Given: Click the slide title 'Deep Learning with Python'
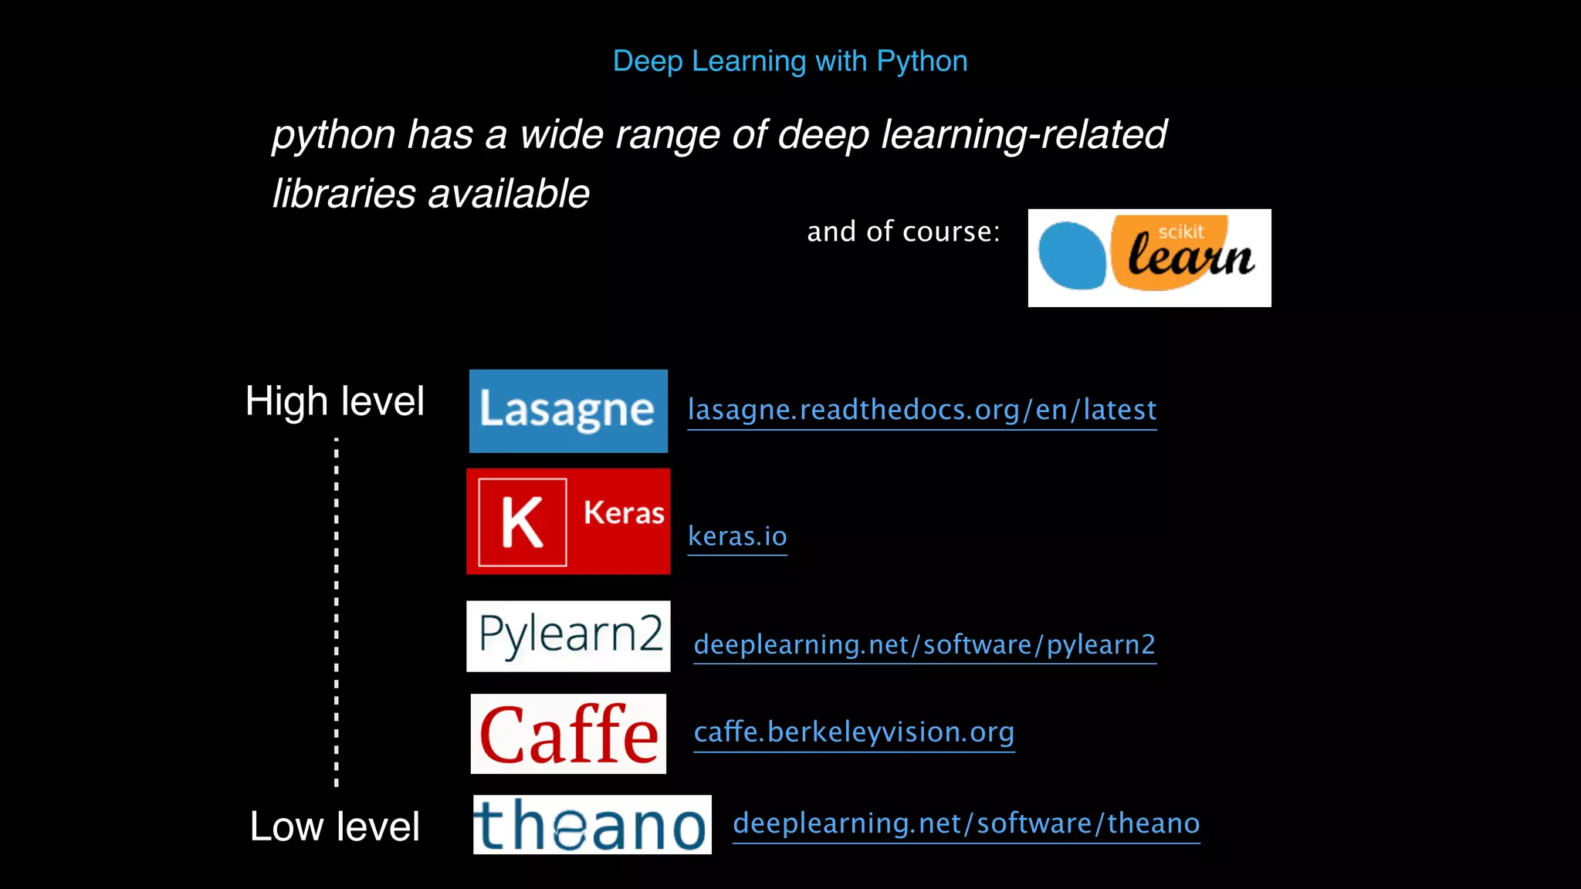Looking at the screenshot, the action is click(790, 61).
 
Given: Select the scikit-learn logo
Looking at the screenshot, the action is click(1149, 258).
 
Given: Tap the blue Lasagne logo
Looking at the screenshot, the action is click(568, 411).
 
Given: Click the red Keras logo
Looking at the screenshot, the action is click(568, 521).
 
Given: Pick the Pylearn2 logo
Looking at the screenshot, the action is click(568, 636).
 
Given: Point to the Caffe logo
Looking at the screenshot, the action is click(568, 733).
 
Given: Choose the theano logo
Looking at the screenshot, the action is click(592, 824).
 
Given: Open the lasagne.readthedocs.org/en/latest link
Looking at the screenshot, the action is click(922, 410).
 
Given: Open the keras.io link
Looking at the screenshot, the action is click(737, 536).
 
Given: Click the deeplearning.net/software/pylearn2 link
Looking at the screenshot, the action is click(924, 644).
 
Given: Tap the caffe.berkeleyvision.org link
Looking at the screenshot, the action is click(854, 732).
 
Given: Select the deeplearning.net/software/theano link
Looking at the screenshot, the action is click(966, 823).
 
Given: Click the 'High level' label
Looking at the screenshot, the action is click(334, 401).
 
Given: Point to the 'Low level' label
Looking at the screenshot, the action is click(334, 826).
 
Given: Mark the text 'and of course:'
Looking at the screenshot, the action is click(903, 232).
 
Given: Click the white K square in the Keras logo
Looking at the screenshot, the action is click(523, 522).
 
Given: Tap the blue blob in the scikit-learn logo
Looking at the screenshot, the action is click(1071, 255).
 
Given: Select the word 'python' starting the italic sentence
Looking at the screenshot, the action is click(333, 135).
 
